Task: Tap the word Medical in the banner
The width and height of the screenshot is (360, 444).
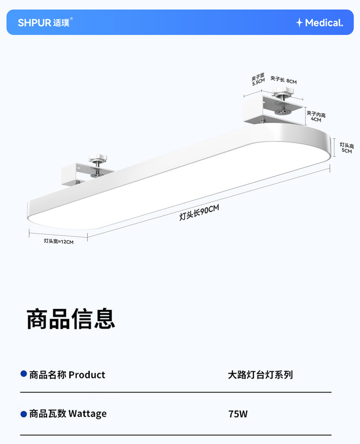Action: pyautogui.click(x=324, y=23)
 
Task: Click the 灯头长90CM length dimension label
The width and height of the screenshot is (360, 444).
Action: pyautogui.click(x=199, y=212)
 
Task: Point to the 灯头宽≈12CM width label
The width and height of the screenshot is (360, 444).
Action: pyautogui.click(x=58, y=241)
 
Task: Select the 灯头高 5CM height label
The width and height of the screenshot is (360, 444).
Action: pyautogui.click(x=346, y=148)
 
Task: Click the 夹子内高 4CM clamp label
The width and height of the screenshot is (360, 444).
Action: pyautogui.click(x=316, y=117)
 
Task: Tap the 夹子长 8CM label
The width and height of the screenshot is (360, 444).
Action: pyautogui.click(x=283, y=81)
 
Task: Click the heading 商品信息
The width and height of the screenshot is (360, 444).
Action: pyautogui.click(x=71, y=319)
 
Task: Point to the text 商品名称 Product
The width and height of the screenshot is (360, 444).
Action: pyautogui.click(x=67, y=375)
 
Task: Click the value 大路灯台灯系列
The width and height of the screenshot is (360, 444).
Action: pyautogui.click(x=260, y=375)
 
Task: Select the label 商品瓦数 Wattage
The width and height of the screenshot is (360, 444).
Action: pyautogui.click(x=68, y=413)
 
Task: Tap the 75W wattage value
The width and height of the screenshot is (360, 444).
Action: pyautogui.click(x=238, y=414)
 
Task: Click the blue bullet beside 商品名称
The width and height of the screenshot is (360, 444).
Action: pyautogui.click(x=24, y=374)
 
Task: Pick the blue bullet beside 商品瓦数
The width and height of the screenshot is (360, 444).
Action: pyautogui.click(x=24, y=413)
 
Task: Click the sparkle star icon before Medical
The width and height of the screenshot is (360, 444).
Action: pyautogui.click(x=299, y=23)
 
